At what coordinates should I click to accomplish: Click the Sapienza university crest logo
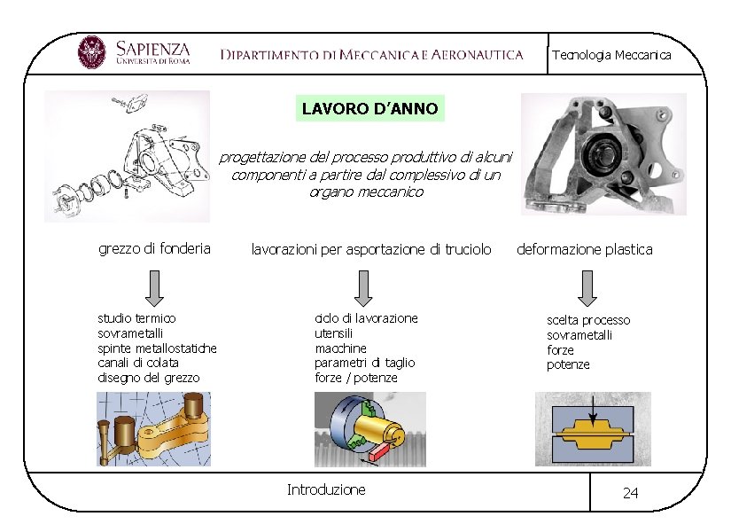click(x=91, y=53)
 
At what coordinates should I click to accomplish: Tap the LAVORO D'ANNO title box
click(x=369, y=109)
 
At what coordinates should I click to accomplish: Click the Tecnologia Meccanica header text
click(x=611, y=55)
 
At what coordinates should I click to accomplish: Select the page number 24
click(x=630, y=493)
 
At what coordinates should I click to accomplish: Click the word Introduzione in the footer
click(x=326, y=489)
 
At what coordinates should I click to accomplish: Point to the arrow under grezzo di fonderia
click(x=154, y=286)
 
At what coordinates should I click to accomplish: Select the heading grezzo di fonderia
click(x=154, y=248)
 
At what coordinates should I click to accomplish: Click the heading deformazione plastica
click(x=585, y=249)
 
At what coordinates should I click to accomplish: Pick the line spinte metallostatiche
click(x=157, y=348)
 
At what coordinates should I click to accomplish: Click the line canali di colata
click(x=137, y=363)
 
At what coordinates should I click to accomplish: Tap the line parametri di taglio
click(x=364, y=363)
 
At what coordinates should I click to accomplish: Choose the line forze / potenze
click(x=356, y=378)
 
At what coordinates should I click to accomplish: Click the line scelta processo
click(x=588, y=319)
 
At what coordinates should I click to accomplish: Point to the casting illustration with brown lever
click(x=154, y=429)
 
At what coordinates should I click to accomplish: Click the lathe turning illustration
click(x=369, y=429)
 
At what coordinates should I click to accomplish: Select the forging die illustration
click(x=593, y=429)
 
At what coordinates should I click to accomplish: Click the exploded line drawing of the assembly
click(x=128, y=156)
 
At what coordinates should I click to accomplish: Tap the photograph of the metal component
click(x=603, y=156)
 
